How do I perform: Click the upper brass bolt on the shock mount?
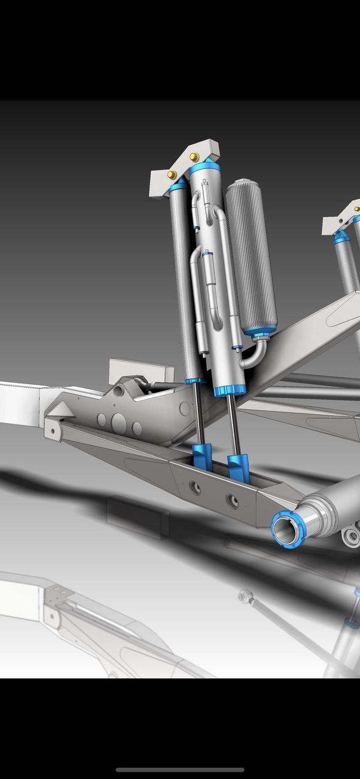pos(195,157)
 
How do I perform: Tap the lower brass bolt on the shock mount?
pos(172,175)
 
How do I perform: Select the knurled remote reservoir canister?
pos(251,256)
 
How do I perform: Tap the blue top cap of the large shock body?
pos(205,167)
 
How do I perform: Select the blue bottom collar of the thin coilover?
pos(194,381)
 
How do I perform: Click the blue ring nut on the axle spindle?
pos(288,529)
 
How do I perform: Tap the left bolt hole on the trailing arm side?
pos(195,488)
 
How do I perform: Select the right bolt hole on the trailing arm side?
pos(232,501)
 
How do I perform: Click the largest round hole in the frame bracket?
pos(119,423)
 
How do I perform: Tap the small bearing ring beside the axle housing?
pos(352,537)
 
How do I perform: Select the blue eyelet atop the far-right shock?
pos(341,236)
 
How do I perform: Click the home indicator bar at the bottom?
pos(180,770)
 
